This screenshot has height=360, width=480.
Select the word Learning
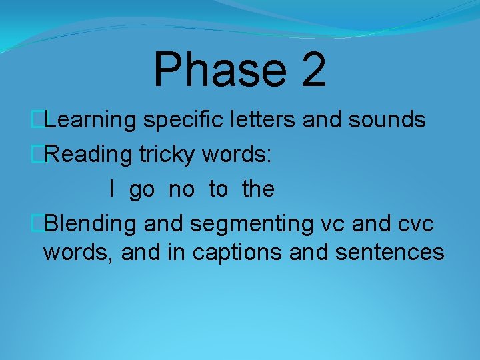coord(91,120)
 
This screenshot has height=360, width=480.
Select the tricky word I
coord(112,189)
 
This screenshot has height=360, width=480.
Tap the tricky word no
coord(181,190)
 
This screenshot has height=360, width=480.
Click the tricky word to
coord(218,190)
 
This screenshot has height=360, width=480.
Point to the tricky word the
coord(258,189)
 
